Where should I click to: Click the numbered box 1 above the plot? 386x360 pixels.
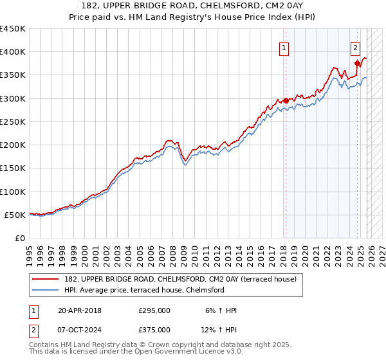[284, 47]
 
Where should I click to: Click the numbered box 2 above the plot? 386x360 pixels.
[355, 47]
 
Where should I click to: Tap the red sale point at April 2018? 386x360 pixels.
[286, 100]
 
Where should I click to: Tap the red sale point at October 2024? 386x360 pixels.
[357, 63]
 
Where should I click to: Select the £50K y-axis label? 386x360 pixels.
[15, 215]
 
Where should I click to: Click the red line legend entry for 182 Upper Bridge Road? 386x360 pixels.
[180, 279]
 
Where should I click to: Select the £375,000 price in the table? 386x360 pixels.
[154, 330]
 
